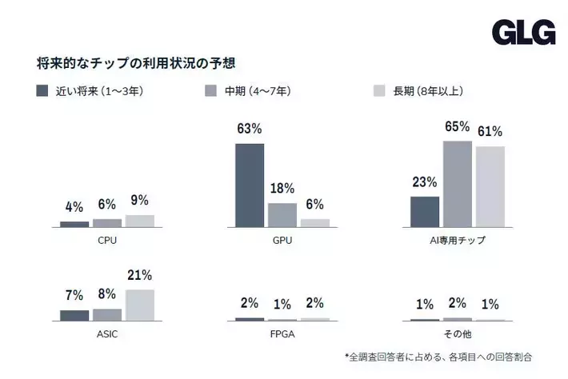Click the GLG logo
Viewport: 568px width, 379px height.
[x=523, y=32]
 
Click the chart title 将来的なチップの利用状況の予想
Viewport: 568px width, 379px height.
[x=135, y=62]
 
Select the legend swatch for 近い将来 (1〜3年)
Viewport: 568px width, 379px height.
[x=42, y=91]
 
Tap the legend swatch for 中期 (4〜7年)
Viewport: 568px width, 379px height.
[x=211, y=91]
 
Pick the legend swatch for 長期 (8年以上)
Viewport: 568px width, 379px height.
[x=380, y=91]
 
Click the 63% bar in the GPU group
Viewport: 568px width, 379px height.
[x=249, y=186]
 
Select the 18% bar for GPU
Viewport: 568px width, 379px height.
[x=282, y=215]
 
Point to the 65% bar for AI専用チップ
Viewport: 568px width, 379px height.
[x=458, y=184]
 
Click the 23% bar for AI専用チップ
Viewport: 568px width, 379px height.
[x=425, y=212]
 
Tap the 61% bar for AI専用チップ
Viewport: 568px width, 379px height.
[x=490, y=187]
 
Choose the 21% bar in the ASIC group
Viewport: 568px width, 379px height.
[x=140, y=305]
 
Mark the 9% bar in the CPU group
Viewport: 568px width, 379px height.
[x=140, y=221]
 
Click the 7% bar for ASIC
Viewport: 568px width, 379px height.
[x=74, y=315]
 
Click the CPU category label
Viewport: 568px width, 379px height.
[x=107, y=239]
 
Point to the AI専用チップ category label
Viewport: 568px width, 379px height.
[x=458, y=239]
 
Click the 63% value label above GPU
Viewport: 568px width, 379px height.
[x=249, y=129]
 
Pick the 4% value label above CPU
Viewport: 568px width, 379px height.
[x=74, y=207]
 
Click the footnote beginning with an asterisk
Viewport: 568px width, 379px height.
[x=438, y=356]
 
